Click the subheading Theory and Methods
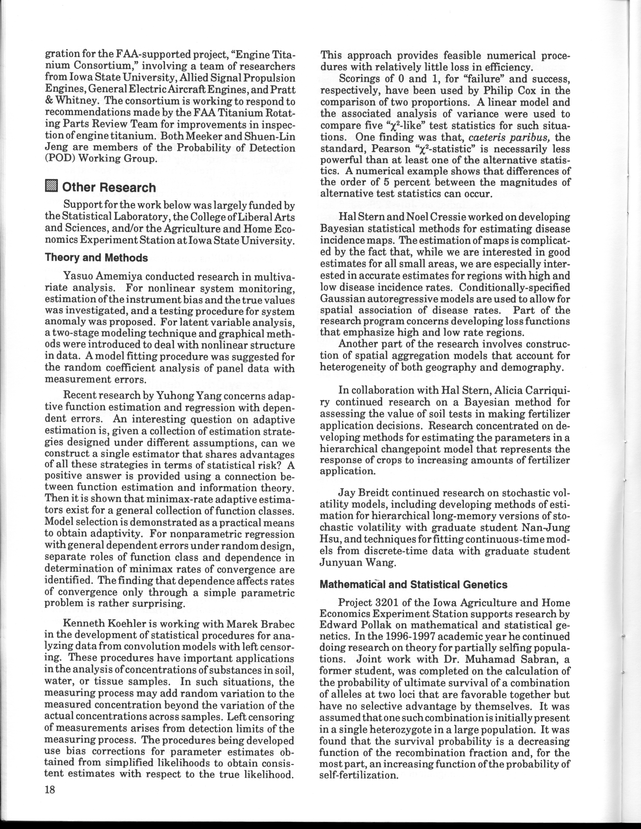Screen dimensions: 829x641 pyautogui.click(x=96, y=258)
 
